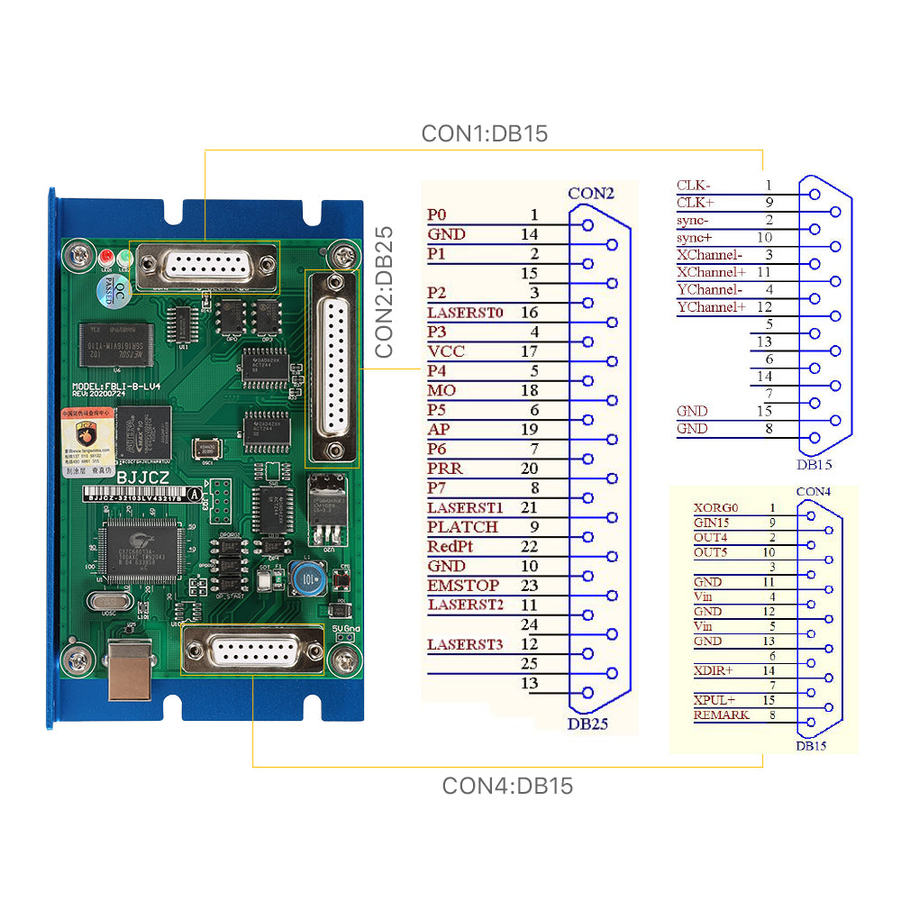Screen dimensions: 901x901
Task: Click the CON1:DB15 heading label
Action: pyautogui.click(x=484, y=134)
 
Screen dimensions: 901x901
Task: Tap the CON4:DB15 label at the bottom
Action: pyautogui.click(x=506, y=786)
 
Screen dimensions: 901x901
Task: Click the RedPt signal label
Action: pyautogui.click(x=450, y=547)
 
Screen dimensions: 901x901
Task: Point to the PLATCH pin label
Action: pyautogui.click(x=462, y=527)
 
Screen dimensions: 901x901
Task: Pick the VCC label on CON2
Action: pyautogui.click(x=446, y=351)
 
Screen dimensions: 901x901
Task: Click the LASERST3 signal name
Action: pyautogui.click(x=465, y=644)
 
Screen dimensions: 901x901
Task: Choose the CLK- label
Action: pyautogui.click(x=693, y=186)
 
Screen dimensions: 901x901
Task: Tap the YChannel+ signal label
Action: pyautogui.click(x=711, y=307)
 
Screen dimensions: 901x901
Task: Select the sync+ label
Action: pyautogui.click(x=694, y=238)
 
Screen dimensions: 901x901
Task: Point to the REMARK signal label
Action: pyautogui.click(x=721, y=715)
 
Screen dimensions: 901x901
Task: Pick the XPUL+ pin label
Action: pyautogui.click(x=714, y=700)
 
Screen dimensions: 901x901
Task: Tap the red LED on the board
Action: pyautogui.click(x=106, y=256)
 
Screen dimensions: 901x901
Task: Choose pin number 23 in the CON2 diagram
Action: pyautogui.click(x=529, y=586)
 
